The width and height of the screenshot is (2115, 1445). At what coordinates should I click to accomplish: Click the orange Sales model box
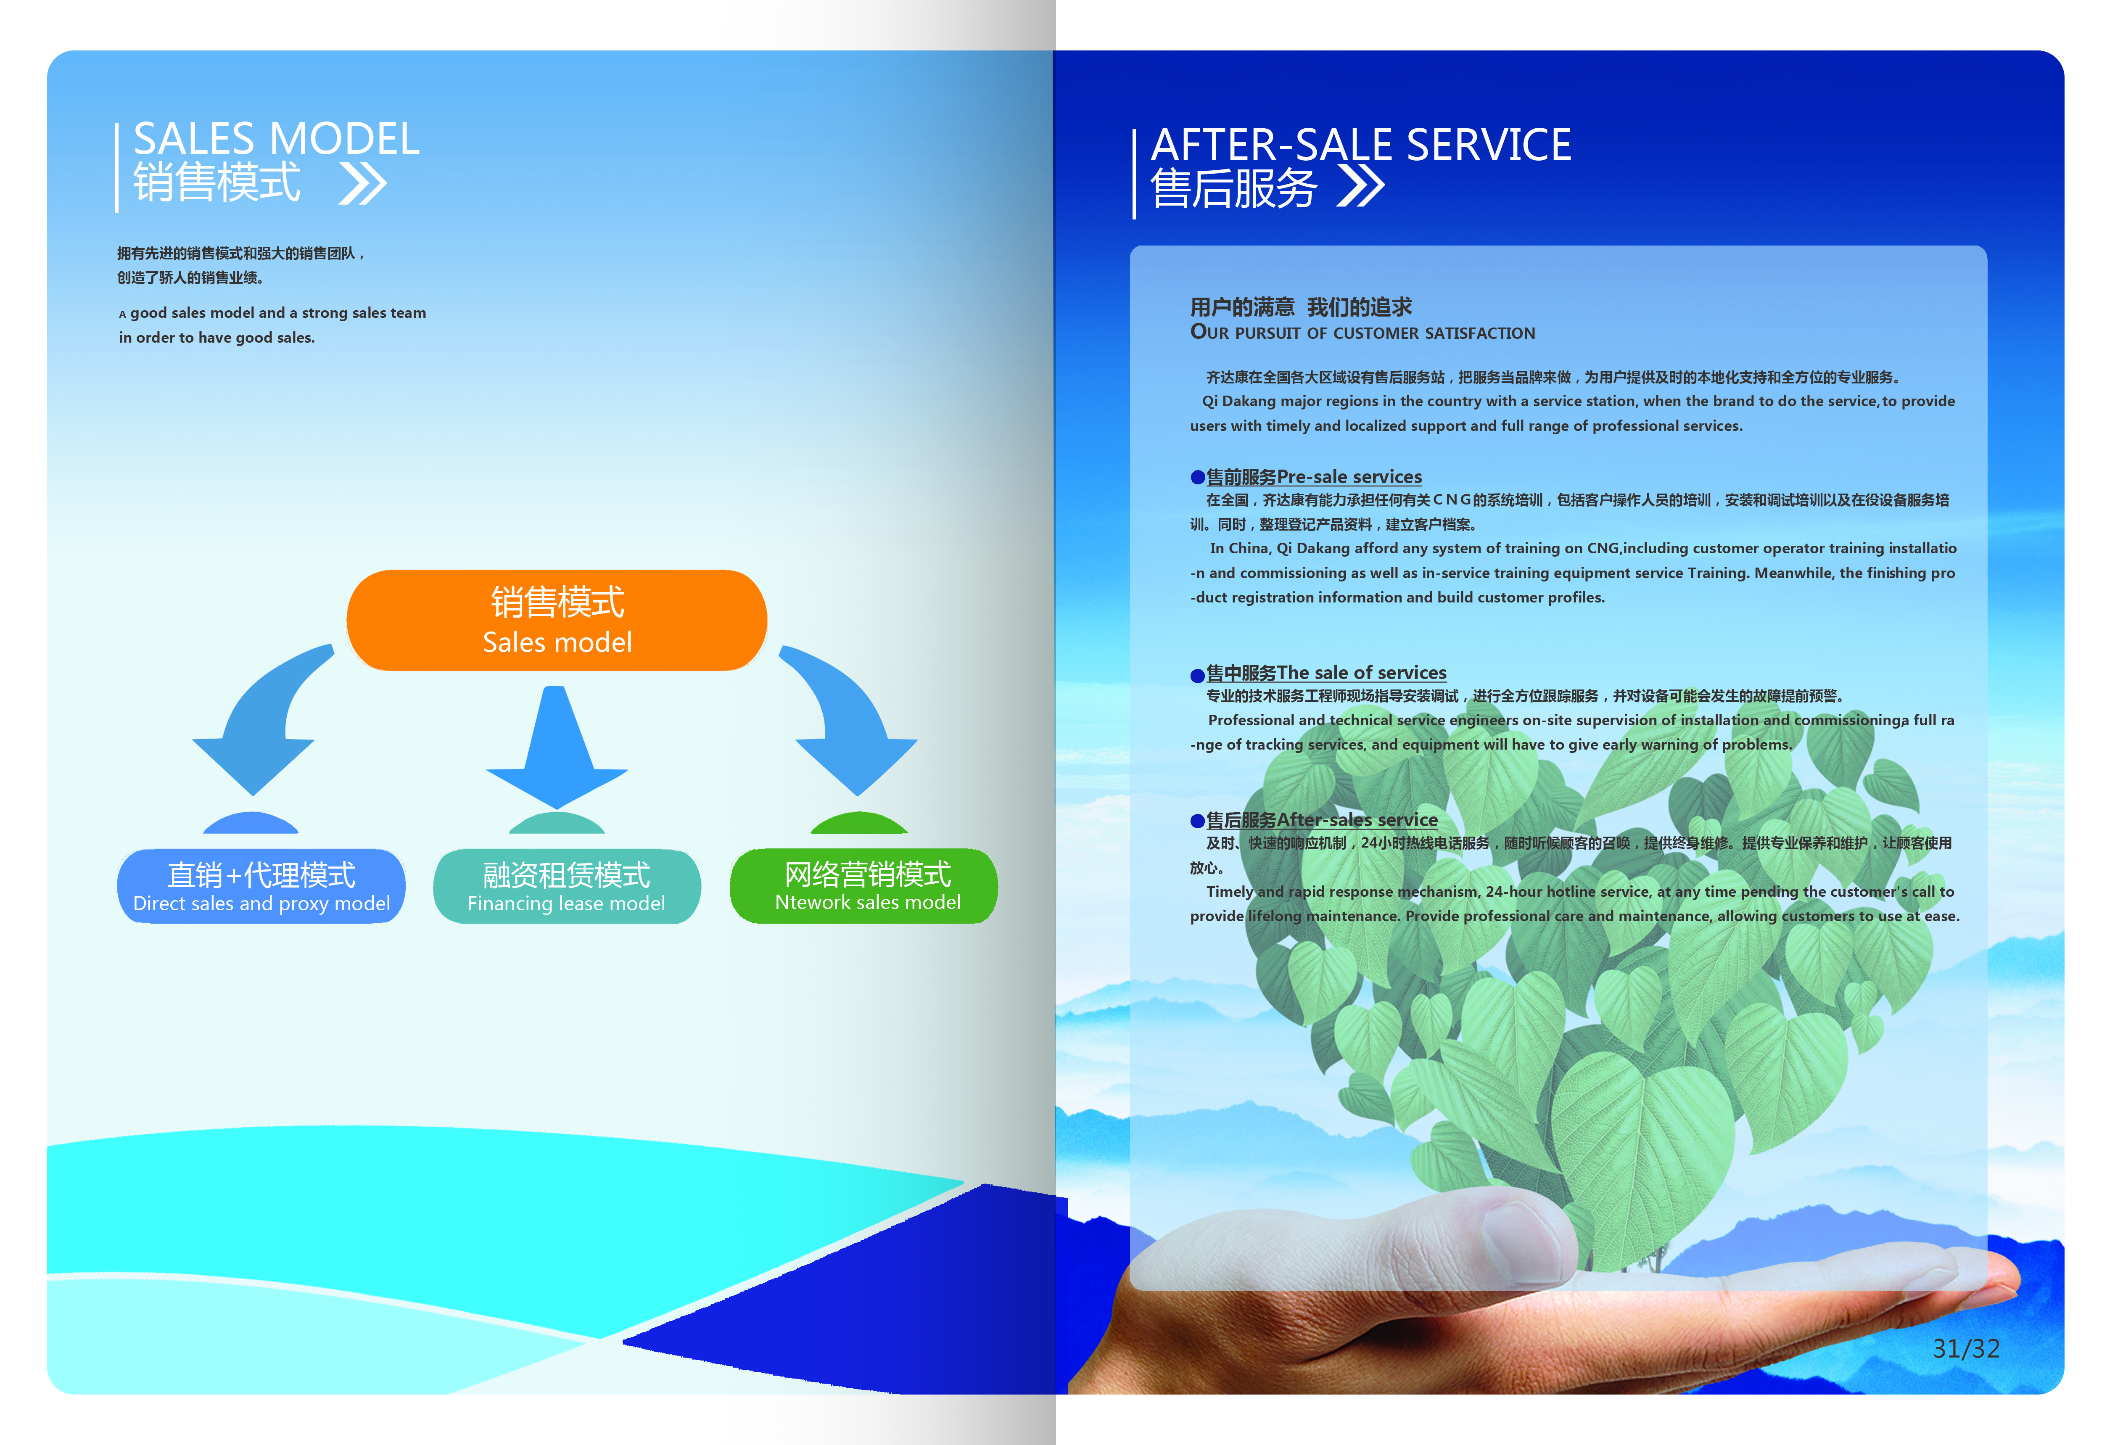[557, 621]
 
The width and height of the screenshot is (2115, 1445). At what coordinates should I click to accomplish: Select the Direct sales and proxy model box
[261, 885]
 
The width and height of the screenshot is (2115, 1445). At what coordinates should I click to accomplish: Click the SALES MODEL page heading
[277, 139]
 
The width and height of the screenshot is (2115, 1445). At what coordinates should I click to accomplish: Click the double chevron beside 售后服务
[1360, 187]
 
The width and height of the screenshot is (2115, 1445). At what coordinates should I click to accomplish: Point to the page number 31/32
[1966, 1349]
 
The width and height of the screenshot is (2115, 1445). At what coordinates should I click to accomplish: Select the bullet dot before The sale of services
[1198, 675]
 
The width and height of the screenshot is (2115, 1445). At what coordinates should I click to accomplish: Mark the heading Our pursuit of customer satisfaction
[1362, 333]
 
